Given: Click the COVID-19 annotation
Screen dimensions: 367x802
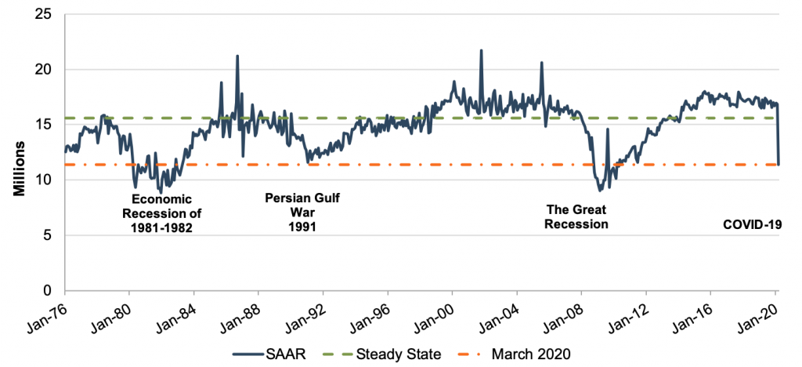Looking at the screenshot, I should coord(752,225).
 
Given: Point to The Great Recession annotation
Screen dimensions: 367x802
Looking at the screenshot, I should coord(577,217).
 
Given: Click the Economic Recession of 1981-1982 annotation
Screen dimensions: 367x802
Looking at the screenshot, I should coord(161,213).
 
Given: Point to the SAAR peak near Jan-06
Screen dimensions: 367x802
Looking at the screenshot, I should coord(541,63).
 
